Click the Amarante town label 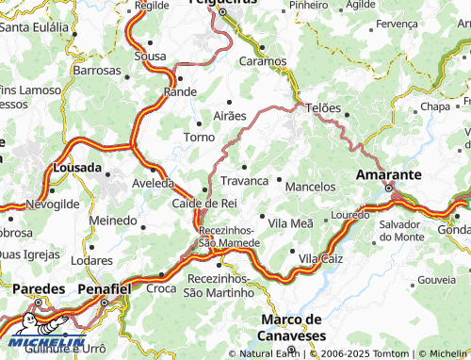pos(387,175)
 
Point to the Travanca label pos(244,180)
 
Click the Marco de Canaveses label pos(293,327)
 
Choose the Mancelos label pos(310,187)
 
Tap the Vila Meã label pos(290,222)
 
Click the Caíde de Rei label pos(203,203)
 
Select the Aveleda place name pos(153,183)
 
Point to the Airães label pos(230,115)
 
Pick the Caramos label pos(263,60)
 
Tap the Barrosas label pos(97,71)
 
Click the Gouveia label pos(435,281)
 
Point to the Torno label pos(199,137)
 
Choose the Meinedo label pos(112,220)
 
